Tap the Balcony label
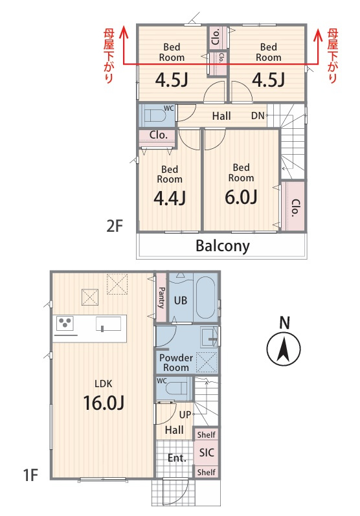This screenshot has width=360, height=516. point(223,246)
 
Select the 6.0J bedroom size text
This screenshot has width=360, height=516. point(242,197)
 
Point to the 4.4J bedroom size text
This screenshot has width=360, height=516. point(170,198)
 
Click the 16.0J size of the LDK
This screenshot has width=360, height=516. point(104,403)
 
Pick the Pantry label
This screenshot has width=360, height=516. point(161,297)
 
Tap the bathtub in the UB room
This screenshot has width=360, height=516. point(206,297)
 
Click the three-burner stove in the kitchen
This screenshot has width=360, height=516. point(65,323)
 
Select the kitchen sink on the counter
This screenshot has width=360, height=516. point(109,324)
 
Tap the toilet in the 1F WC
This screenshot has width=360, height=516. point(175,389)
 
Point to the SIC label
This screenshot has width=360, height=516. point(207,453)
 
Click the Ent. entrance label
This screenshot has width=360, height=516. point(177,458)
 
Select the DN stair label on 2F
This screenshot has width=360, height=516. point(258,115)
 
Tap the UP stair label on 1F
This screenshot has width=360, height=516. point(185,414)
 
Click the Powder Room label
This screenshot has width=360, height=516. point(176,363)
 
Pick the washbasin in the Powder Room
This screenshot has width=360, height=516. point(210,337)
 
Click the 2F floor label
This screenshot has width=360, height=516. point(115,226)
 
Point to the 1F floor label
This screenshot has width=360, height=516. point(30,475)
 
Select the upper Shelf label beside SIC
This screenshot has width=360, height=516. point(207,434)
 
